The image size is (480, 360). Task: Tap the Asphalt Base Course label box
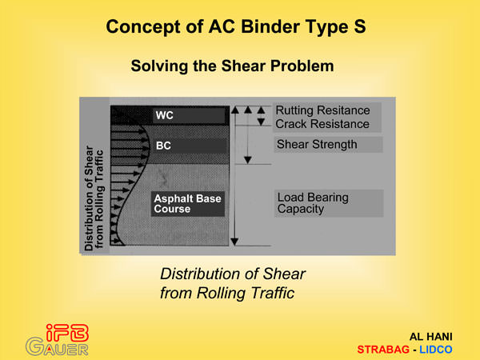click(x=188, y=204)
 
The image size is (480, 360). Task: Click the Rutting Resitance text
click(x=322, y=110)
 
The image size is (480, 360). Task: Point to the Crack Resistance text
click(x=322, y=124)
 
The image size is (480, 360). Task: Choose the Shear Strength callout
click(x=328, y=145)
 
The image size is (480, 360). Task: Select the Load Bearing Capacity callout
click(x=329, y=203)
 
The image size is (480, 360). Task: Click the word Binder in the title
click(x=270, y=26)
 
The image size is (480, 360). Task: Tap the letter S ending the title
click(x=360, y=26)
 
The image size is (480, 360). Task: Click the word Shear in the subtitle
click(x=243, y=66)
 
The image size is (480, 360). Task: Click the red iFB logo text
click(x=67, y=333)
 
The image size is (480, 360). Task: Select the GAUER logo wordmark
click(x=57, y=347)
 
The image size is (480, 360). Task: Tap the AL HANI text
click(x=430, y=337)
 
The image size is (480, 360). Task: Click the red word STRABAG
click(x=383, y=350)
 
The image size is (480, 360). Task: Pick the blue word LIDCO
click(x=436, y=350)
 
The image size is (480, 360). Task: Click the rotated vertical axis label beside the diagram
click(x=94, y=198)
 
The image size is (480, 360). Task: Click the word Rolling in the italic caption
click(x=221, y=293)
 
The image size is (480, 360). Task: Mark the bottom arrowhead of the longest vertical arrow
click(x=234, y=242)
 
